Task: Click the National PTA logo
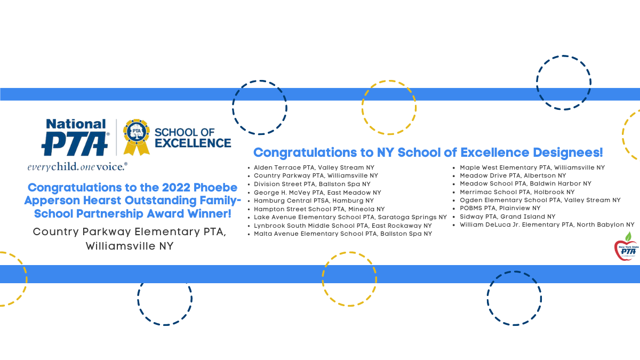(x=75, y=138)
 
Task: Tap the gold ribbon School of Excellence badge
(x=137, y=137)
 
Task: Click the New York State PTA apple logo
(x=627, y=247)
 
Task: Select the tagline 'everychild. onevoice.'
(x=77, y=167)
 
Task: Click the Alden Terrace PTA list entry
(x=314, y=167)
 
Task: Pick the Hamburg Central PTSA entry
(x=314, y=201)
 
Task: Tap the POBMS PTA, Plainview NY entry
(x=500, y=209)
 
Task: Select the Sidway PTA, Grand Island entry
(x=507, y=217)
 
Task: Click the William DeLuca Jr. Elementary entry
(x=547, y=225)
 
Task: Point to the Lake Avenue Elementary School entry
(x=350, y=218)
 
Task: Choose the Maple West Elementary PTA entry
(x=532, y=167)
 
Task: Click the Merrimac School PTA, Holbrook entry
(x=517, y=192)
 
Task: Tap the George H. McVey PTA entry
(x=317, y=193)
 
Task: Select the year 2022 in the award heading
(x=176, y=188)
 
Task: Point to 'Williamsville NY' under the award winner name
(x=130, y=246)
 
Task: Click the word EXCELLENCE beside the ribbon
(x=193, y=143)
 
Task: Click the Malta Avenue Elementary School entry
(x=343, y=234)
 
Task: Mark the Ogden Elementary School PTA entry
(x=540, y=201)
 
